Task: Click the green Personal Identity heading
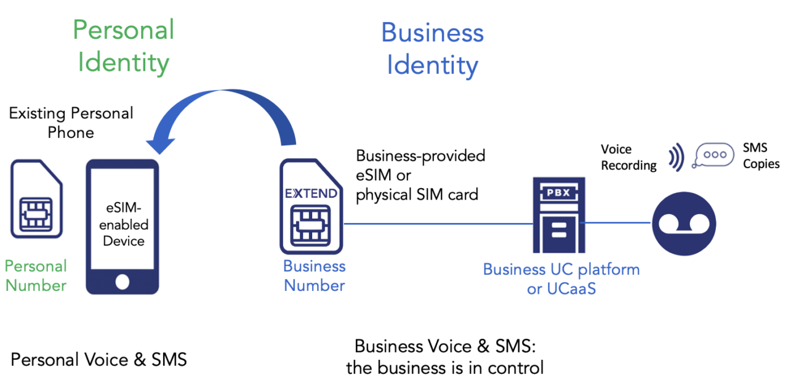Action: (124, 46)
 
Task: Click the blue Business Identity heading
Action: (432, 49)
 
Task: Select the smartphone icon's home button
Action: (123, 282)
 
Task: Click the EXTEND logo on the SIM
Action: (311, 193)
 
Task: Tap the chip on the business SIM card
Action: (311, 224)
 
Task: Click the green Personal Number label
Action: (36, 276)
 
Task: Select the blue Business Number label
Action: (314, 276)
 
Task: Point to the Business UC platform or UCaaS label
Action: (561, 278)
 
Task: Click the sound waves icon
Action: (677, 157)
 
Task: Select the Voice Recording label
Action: (628, 157)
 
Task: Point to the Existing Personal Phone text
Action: (71, 123)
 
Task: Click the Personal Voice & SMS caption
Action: (98, 360)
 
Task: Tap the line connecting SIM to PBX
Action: (437, 224)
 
